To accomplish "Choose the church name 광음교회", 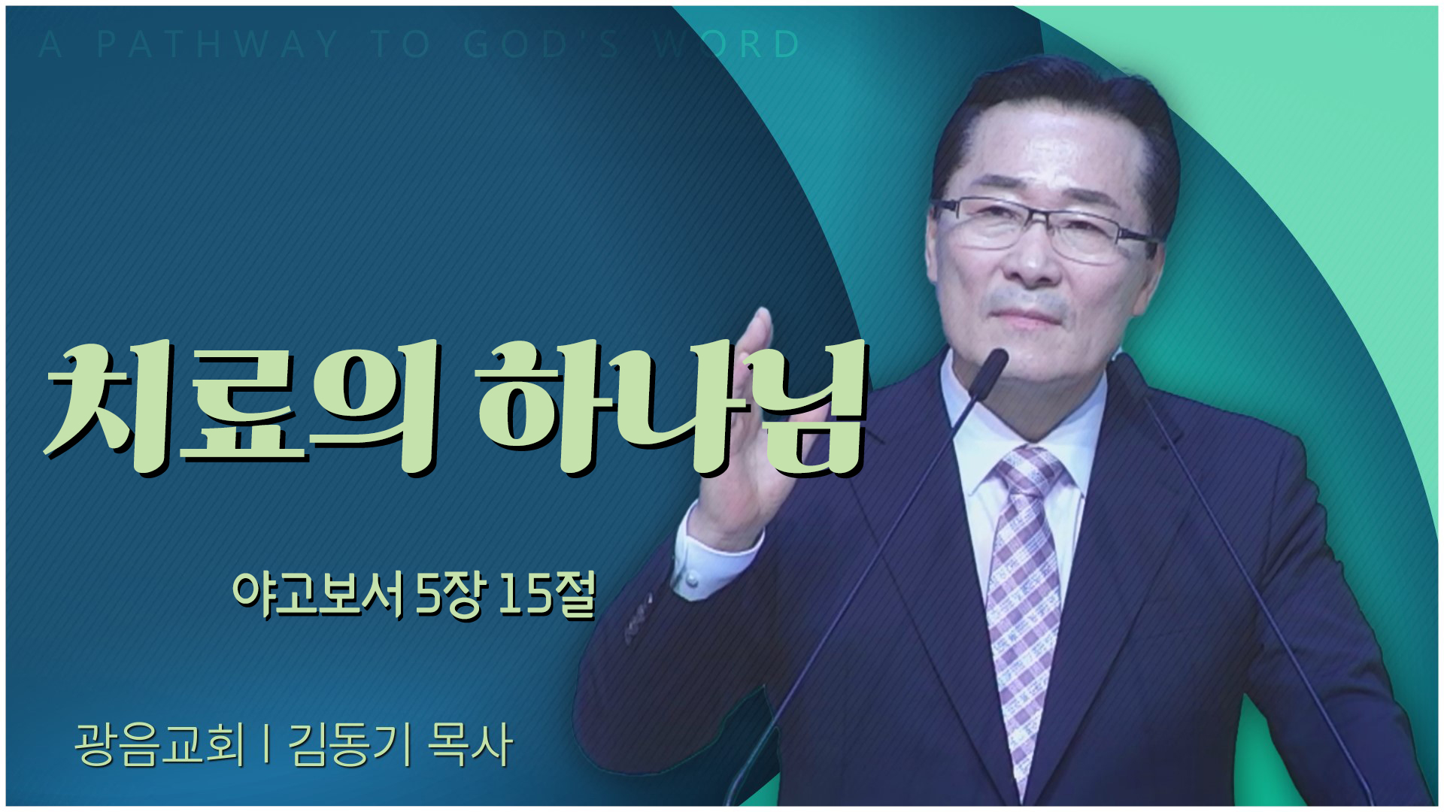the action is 159,744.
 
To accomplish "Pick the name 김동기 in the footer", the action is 350,744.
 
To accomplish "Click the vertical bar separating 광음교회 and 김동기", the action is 267,744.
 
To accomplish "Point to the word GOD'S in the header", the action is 541,44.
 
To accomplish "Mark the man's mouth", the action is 1027,314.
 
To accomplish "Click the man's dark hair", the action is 1053,113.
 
